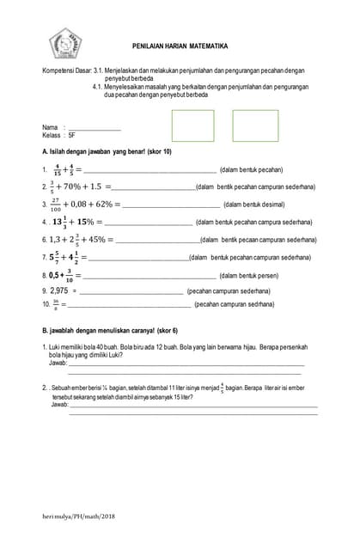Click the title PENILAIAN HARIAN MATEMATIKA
click(x=180, y=46)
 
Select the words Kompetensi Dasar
click(x=65, y=70)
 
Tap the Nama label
click(x=50, y=127)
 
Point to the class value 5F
click(x=82, y=136)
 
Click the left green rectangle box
click(x=192, y=125)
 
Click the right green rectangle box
click(x=255, y=125)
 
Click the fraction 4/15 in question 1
click(x=57, y=169)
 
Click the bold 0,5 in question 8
click(x=57, y=275)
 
